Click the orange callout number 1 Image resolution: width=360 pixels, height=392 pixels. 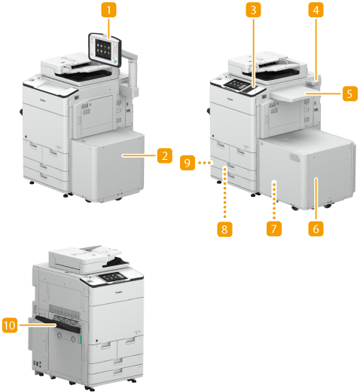[x=108, y=10]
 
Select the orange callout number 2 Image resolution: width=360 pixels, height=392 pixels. [x=165, y=155]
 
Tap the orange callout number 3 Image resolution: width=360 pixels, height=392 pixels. [x=253, y=10]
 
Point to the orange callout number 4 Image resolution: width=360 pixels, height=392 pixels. [x=316, y=10]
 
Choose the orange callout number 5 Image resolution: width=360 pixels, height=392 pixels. [x=350, y=93]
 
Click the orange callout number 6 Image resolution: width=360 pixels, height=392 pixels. [x=316, y=228]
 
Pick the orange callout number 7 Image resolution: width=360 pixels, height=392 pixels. [x=274, y=228]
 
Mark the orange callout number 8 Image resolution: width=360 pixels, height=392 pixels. [x=224, y=229]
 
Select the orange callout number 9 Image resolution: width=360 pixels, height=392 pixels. [x=188, y=163]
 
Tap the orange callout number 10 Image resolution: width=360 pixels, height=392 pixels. [x=10, y=325]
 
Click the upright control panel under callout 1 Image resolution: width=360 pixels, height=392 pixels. [x=105, y=50]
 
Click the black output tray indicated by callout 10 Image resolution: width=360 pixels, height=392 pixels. [x=58, y=324]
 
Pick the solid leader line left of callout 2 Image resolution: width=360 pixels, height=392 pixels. [x=139, y=155]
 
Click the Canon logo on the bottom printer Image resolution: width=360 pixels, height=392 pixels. [x=119, y=292]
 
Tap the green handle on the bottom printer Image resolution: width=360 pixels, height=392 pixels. [x=81, y=338]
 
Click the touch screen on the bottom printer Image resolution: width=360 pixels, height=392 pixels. [x=112, y=277]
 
